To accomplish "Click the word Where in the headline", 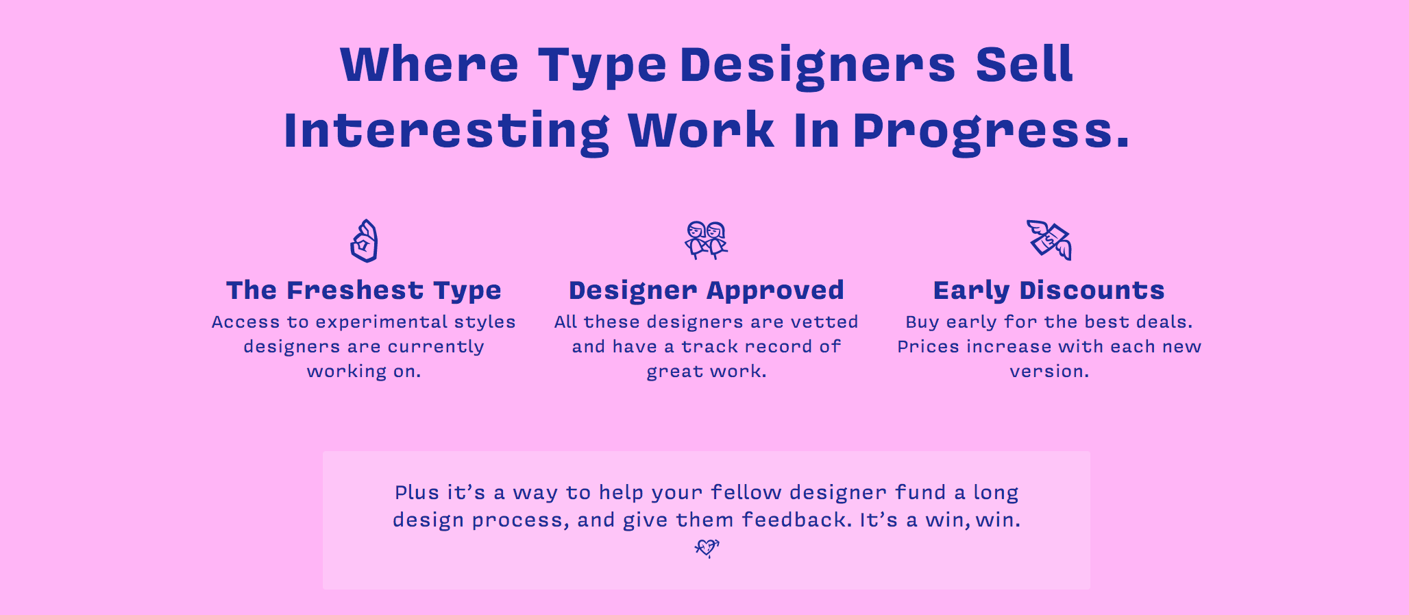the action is click(429, 64).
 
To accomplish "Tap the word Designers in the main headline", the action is click(818, 67).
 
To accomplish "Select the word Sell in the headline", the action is click(1024, 64).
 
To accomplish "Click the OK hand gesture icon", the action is click(364, 241).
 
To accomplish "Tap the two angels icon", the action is click(706, 240).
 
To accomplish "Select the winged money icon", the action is click(1049, 240).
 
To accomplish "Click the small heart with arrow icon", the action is click(707, 548).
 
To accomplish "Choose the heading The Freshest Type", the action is click(364, 291).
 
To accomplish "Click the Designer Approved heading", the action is click(707, 291).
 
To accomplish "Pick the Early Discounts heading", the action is click(1049, 290).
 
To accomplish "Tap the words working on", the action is click(364, 372).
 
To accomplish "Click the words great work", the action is click(707, 372).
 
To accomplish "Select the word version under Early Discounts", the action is click(1049, 372).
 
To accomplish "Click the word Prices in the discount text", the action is click(929, 347).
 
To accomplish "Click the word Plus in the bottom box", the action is click(417, 492).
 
